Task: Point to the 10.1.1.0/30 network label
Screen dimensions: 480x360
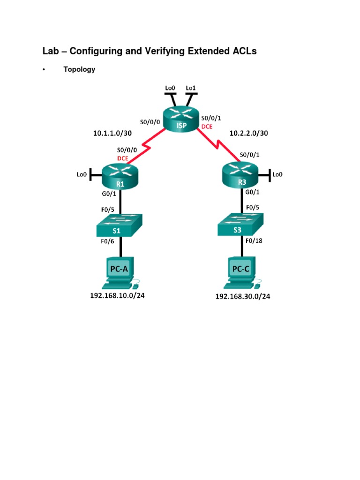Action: tap(112, 133)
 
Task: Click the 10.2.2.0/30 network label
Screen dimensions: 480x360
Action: tap(248, 134)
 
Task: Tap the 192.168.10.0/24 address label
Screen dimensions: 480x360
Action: tap(117, 296)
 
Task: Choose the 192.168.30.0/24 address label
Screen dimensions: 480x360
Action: tap(243, 296)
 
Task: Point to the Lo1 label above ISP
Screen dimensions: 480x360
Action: tap(191, 88)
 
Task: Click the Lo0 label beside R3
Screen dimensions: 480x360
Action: tap(277, 174)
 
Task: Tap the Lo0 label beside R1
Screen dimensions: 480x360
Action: tap(82, 174)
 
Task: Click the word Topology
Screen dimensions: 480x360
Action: tap(79, 69)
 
